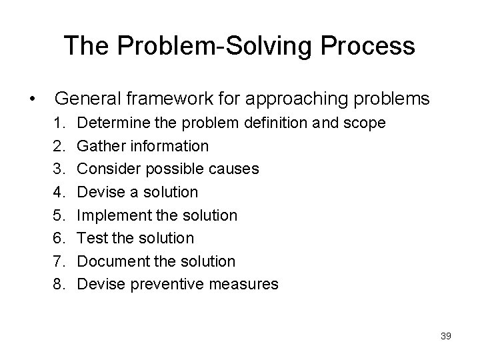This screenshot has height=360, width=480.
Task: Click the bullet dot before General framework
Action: [x=32, y=100]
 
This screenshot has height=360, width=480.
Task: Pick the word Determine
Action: [x=109, y=123]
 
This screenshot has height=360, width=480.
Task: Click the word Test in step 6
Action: [x=90, y=239]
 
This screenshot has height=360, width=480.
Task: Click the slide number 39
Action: [x=446, y=336]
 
